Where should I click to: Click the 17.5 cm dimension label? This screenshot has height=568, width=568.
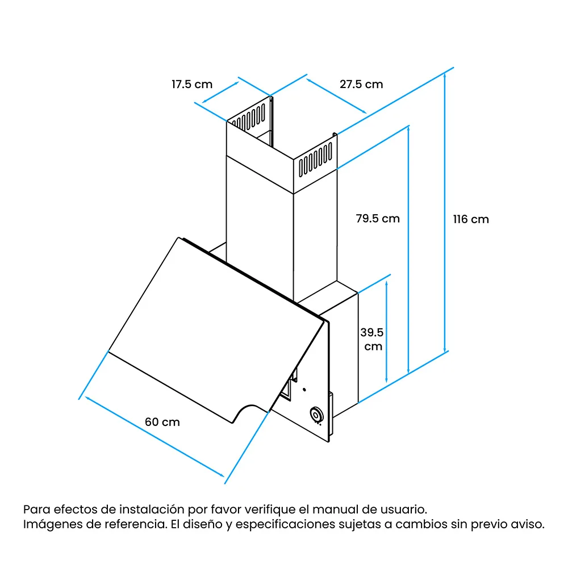192,85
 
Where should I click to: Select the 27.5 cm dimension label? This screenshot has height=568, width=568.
361,85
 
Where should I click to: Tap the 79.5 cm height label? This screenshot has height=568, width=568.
378,219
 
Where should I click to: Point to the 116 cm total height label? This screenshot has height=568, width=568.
471,219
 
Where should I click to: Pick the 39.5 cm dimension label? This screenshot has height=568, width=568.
372,339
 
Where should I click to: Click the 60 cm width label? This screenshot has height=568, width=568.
162,422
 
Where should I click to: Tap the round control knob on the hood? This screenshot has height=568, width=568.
316,415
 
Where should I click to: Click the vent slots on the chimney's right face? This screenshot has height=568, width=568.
315,160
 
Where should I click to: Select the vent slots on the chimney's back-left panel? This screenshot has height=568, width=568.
250,117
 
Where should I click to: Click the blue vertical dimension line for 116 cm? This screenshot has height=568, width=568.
445,212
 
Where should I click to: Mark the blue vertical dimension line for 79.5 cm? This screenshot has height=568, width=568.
408,249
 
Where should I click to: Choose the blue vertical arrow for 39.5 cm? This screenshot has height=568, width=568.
386,332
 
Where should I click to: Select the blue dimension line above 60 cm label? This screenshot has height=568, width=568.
154,436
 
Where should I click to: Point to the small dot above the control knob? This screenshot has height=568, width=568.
304,390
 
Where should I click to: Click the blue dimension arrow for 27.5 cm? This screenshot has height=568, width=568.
336,96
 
